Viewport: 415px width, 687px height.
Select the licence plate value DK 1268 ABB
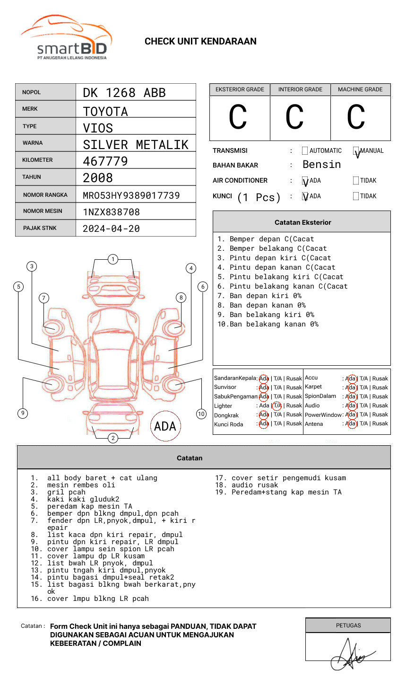[x=124, y=93]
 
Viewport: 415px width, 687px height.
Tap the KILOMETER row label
[x=37, y=160]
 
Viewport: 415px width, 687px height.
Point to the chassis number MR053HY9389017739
[x=131, y=195]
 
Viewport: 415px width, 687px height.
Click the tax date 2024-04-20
[x=111, y=229]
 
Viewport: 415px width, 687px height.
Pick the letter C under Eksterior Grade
[x=238, y=117]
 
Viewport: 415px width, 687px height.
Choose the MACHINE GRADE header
[x=360, y=89]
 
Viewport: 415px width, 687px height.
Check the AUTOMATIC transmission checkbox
[x=305, y=150]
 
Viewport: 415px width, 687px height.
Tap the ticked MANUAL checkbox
[x=356, y=150]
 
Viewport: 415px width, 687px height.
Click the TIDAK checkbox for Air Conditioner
[x=356, y=180]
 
